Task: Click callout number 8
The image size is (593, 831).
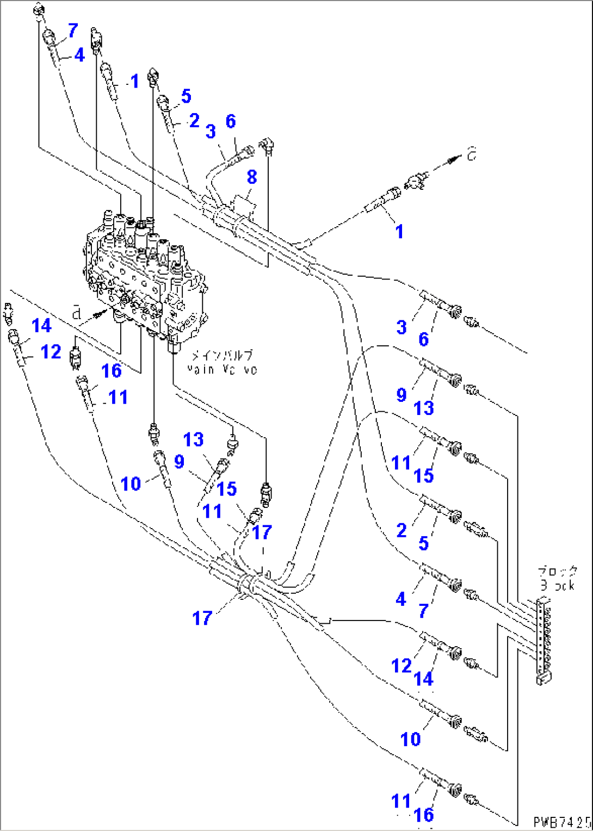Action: point(251,177)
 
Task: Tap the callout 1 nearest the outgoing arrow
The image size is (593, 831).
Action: point(399,231)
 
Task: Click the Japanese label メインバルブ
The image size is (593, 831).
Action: point(222,356)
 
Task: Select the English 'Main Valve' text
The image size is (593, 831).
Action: point(222,369)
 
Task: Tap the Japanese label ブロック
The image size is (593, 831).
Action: point(557,572)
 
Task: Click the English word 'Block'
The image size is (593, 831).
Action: point(557,585)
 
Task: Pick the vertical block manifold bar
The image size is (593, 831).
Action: point(542,636)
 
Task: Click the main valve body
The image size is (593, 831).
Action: point(144,277)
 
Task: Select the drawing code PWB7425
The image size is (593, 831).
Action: point(561,821)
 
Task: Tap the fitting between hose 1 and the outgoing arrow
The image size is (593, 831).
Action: point(417,181)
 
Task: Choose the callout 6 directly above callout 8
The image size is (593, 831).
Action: point(231,121)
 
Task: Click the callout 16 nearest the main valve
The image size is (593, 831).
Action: point(112,371)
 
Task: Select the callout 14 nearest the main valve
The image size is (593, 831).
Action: point(42,326)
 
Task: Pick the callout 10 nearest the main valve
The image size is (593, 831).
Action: point(131,483)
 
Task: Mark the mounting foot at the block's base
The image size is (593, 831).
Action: point(543,678)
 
